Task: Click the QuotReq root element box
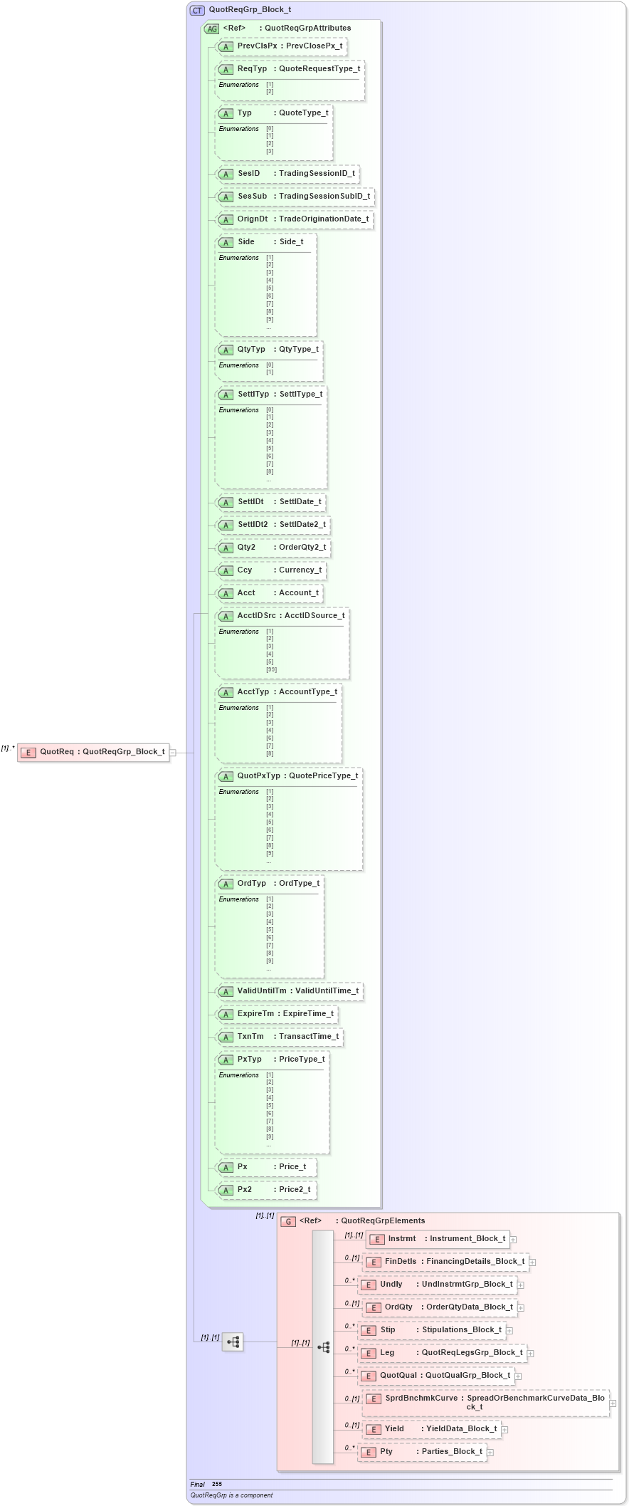point(94,752)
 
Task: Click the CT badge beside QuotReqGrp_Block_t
point(197,10)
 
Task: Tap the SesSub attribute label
point(253,197)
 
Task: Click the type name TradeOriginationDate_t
point(324,219)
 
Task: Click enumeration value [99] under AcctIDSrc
point(271,669)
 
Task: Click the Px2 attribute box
point(266,1190)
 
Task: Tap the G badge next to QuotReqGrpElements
point(288,1221)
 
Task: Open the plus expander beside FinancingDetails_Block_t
point(532,1262)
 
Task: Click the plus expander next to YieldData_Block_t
point(504,1429)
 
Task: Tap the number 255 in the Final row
point(217,1485)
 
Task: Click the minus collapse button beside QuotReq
point(173,752)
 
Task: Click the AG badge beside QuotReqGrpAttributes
point(212,28)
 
